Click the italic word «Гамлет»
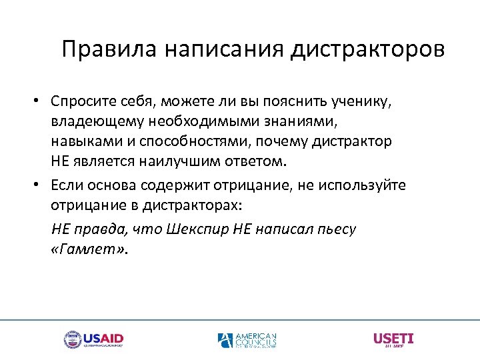point(89,249)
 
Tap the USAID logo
point(93,339)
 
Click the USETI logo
point(393,339)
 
